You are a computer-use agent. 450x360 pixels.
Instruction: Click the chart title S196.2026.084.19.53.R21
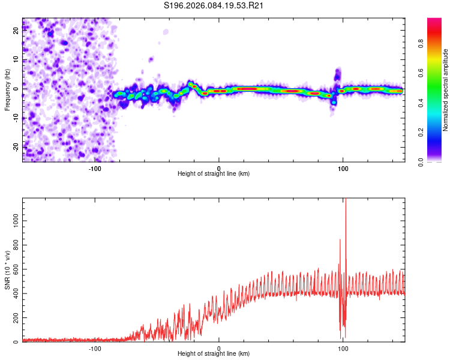click(x=215, y=6)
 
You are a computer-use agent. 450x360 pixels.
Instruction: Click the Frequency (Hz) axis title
click(x=7, y=90)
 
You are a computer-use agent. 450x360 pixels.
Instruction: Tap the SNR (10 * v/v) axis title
click(x=7, y=270)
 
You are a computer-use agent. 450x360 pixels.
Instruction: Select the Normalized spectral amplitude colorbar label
click(x=446, y=90)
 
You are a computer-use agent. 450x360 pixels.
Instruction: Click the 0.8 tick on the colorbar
click(x=437, y=43)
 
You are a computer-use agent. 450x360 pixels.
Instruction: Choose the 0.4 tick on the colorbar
click(x=437, y=103)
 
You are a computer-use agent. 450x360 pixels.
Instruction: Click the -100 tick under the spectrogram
click(x=95, y=167)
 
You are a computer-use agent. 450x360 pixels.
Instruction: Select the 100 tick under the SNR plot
click(x=343, y=348)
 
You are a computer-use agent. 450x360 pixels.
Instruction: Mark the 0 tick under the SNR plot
click(x=219, y=348)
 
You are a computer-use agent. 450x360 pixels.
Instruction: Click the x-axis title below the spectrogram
click(x=214, y=174)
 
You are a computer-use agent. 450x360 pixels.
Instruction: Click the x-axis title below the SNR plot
click(x=214, y=355)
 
